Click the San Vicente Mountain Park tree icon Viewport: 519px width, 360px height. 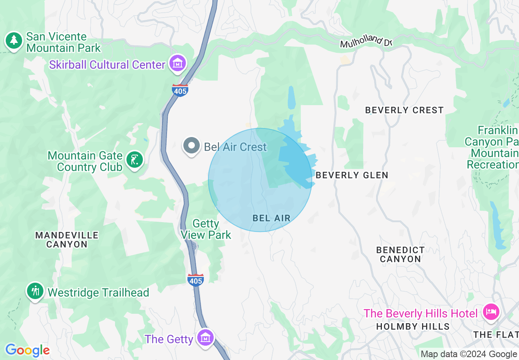click(14, 40)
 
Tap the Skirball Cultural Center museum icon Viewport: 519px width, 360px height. click(178, 63)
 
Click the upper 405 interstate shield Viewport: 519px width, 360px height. click(180, 90)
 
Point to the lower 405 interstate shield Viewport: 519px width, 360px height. click(196, 279)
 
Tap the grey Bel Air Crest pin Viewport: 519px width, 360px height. click(191, 146)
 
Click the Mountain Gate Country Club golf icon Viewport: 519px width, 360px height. click(134, 159)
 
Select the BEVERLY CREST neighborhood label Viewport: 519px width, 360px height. click(404, 110)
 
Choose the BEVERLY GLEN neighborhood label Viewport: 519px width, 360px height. click(352, 175)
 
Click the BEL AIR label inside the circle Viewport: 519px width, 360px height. click(271, 218)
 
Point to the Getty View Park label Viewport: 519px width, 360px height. click(206, 229)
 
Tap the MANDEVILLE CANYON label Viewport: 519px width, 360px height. click(67, 240)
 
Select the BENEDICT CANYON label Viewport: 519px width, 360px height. click(400, 254)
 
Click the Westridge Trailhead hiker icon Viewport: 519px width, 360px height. click(36, 291)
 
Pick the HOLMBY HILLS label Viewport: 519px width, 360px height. click(413, 326)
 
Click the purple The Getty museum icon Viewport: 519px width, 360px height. click(205, 337)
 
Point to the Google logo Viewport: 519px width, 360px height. click(27, 350)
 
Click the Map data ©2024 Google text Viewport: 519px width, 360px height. click(469, 354)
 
